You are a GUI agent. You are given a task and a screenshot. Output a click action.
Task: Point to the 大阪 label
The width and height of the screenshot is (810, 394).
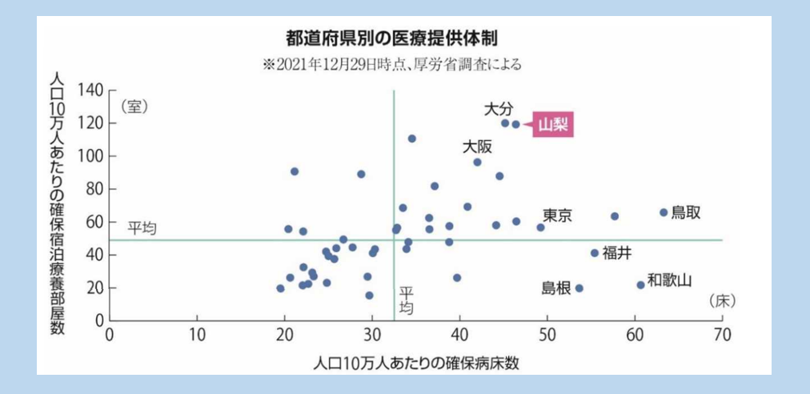478,147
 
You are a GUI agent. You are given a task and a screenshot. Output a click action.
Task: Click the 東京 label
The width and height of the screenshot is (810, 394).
557,215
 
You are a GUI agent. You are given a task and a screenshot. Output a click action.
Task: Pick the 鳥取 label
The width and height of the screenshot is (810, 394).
686,212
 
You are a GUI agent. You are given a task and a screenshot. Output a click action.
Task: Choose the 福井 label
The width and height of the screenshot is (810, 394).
617,252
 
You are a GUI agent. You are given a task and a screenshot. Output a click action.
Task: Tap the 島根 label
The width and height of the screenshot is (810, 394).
556,288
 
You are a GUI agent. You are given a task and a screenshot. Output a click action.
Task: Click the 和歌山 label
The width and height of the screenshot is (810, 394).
669,279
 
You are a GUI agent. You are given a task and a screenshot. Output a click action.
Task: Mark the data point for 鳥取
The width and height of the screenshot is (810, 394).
664,212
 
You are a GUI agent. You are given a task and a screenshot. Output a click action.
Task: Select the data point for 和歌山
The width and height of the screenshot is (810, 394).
640,285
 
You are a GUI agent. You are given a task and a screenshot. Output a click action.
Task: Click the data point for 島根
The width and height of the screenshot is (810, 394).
579,288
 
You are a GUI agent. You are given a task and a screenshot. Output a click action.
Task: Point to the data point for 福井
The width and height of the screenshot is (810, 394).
595,253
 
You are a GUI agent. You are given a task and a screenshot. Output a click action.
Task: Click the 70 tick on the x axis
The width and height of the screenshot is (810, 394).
722,333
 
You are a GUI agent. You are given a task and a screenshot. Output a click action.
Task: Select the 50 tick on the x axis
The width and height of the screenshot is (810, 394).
547,333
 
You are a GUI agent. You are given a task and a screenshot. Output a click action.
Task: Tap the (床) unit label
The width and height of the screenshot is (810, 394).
721,300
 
